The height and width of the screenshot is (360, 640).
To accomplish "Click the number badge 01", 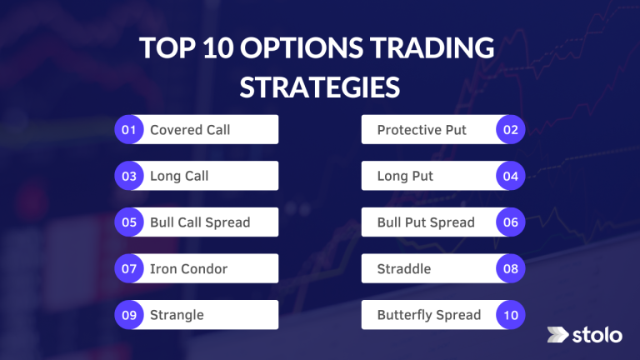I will click(128, 130).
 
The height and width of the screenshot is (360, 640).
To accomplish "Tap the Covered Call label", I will click(190, 130).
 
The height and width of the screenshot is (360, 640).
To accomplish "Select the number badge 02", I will click(511, 130).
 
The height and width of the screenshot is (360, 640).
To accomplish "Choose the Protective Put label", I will click(422, 130).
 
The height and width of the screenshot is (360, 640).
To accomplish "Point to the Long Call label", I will click(179, 177).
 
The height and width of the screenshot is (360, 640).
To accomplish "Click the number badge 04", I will click(511, 177).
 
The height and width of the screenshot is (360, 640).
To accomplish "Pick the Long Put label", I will click(405, 177).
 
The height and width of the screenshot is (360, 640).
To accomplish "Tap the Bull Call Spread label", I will click(200, 222).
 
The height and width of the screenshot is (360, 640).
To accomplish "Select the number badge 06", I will click(511, 222).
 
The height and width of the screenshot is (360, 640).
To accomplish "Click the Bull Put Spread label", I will click(426, 222).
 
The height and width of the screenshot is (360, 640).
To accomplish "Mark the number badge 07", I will click(128, 269).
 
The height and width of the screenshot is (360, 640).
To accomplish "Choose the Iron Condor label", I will click(188, 269).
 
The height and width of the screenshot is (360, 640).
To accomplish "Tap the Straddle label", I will click(404, 269).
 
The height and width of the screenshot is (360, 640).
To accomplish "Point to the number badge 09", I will click(128, 315).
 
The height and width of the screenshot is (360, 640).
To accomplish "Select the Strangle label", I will click(177, 315).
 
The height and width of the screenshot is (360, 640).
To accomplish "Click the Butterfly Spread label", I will click(429, 315).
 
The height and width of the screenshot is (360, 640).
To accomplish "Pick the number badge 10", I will click(511, 315).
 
